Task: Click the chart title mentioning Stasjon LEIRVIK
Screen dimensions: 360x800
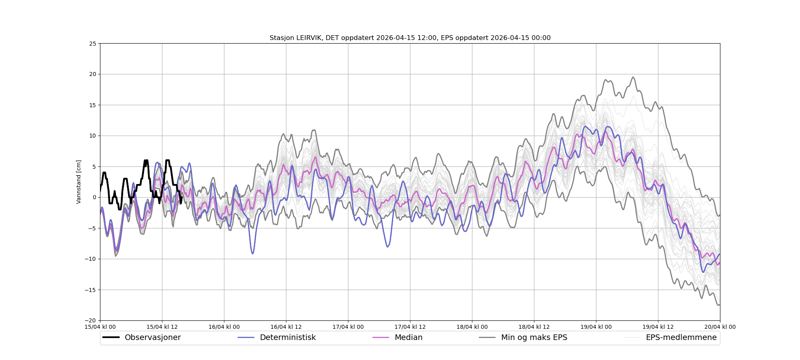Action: [410, 38]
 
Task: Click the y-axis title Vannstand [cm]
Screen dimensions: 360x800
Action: [79, 182]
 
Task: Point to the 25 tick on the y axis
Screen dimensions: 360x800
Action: [92, 43]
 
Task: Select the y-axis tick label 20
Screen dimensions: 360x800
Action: [92, 74]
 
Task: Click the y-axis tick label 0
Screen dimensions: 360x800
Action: [94, 197]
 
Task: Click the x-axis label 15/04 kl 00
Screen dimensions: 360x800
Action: [100, 327]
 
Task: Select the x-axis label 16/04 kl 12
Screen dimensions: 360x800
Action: [286, 327]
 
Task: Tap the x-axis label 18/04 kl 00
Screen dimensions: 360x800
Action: [472, 327]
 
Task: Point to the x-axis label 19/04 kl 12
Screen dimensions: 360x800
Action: [658, 327]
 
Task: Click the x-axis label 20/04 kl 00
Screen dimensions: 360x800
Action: [720, 327]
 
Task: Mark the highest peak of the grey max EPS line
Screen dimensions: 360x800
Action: [633, 77]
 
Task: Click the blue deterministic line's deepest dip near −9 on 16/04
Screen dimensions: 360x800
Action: [252, 254]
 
